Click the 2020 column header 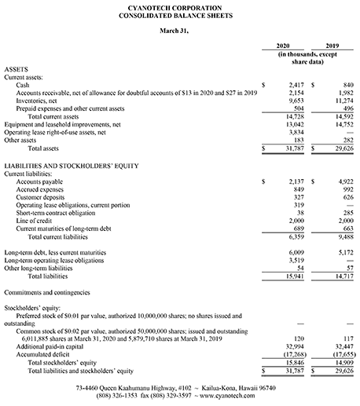(x=283, y=46)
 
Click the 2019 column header (x=332, y=46)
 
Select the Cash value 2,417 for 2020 (x=296, y=85)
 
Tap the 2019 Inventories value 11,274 (x=344, y=101)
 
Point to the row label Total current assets (x=53, y=117)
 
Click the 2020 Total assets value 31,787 (x=295, y=148)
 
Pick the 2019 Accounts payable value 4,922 (x=346, y=181)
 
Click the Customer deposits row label (x=40, y=197)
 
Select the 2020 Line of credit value (x=296, y=221)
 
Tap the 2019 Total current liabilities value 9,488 (x=346, y=237)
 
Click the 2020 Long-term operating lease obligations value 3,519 (x=296, y=261)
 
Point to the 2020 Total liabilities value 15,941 (x=295, y=276)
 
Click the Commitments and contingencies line (x=47, y=292)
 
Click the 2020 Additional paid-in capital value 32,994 (x=295, y=346)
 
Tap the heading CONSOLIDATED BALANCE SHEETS (x=175, y=16)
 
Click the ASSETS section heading (x=16, y=69)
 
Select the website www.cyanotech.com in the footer (x=227, y=396)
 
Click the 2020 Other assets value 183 (x=299, y=141)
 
